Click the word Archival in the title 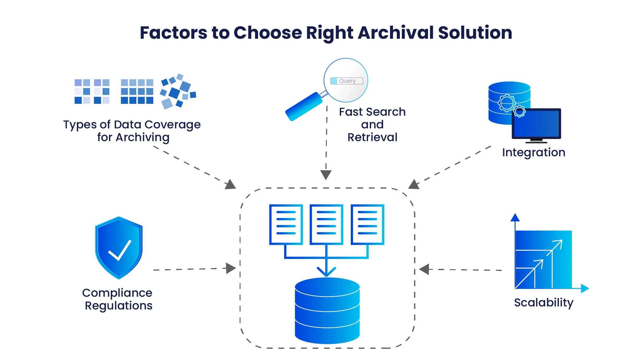tap(396, 33)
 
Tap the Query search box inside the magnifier tap(347, 81)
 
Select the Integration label tap(533, 152)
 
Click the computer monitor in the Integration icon tap(536, 124)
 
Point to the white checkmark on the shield tap(120, 250)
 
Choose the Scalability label tap(543, 302)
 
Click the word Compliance tap(117, 293)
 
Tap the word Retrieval tap(372, 137)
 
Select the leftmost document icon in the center tap(286, 224)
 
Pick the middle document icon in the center tap(326, 224)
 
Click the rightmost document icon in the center tap(367, 224)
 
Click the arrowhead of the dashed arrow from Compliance tap(231, 268)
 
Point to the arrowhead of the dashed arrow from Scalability tap(424, 269)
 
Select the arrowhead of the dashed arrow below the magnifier tap(326, 175)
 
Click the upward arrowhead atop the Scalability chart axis tap(515, 217)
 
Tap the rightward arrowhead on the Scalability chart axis tap(585, 288)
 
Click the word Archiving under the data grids tap(142, 137)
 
